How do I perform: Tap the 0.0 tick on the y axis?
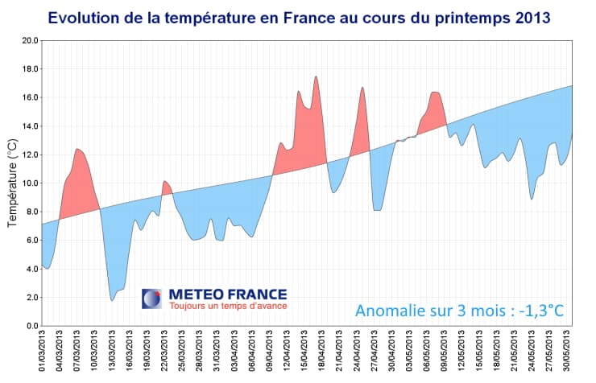[30, 326]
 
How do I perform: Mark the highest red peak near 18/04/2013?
[317, 77]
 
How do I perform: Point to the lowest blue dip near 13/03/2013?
[112, 300]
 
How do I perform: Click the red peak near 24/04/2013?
[363, 89]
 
